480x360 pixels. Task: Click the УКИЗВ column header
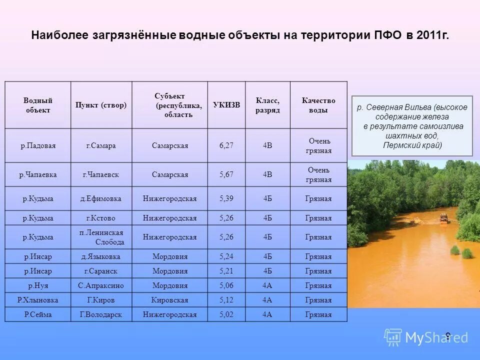226,105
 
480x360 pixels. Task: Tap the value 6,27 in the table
226,145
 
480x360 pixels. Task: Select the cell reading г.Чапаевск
101,174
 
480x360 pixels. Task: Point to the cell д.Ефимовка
101,198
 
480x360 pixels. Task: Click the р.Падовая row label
38,145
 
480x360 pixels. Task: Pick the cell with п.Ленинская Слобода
101,237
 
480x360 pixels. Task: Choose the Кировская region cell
170,300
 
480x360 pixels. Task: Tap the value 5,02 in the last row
226,314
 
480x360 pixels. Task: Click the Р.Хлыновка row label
38,300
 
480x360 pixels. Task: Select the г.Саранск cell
101,271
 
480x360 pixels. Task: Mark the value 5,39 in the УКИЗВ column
226,198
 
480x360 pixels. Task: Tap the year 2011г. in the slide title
432,36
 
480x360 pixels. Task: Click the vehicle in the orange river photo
443,217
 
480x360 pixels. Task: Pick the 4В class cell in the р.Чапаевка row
267,174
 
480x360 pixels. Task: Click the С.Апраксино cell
101,285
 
